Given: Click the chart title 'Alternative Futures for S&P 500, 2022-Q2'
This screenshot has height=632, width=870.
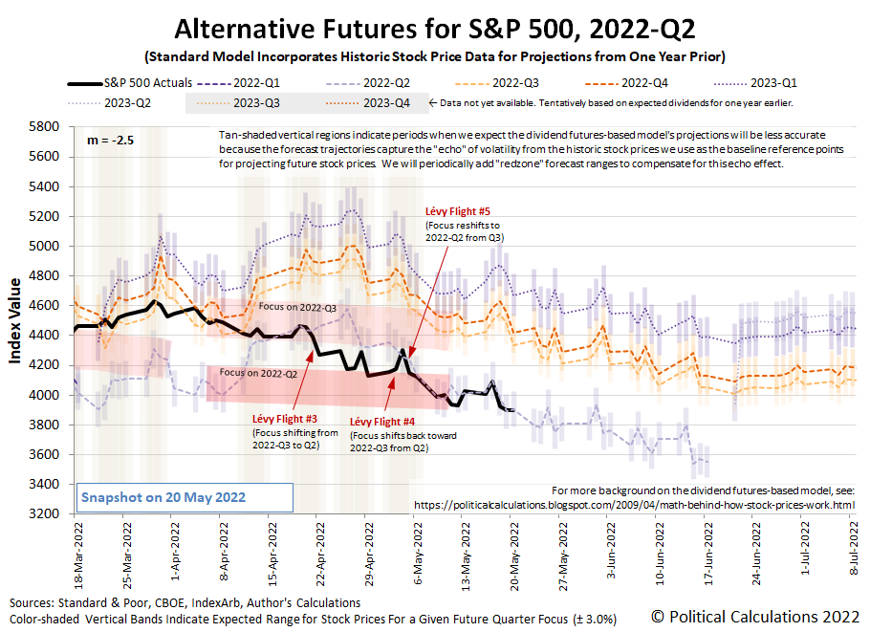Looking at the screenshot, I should (434, 27).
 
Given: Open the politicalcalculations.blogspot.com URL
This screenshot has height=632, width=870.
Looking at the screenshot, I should (634, 504).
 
